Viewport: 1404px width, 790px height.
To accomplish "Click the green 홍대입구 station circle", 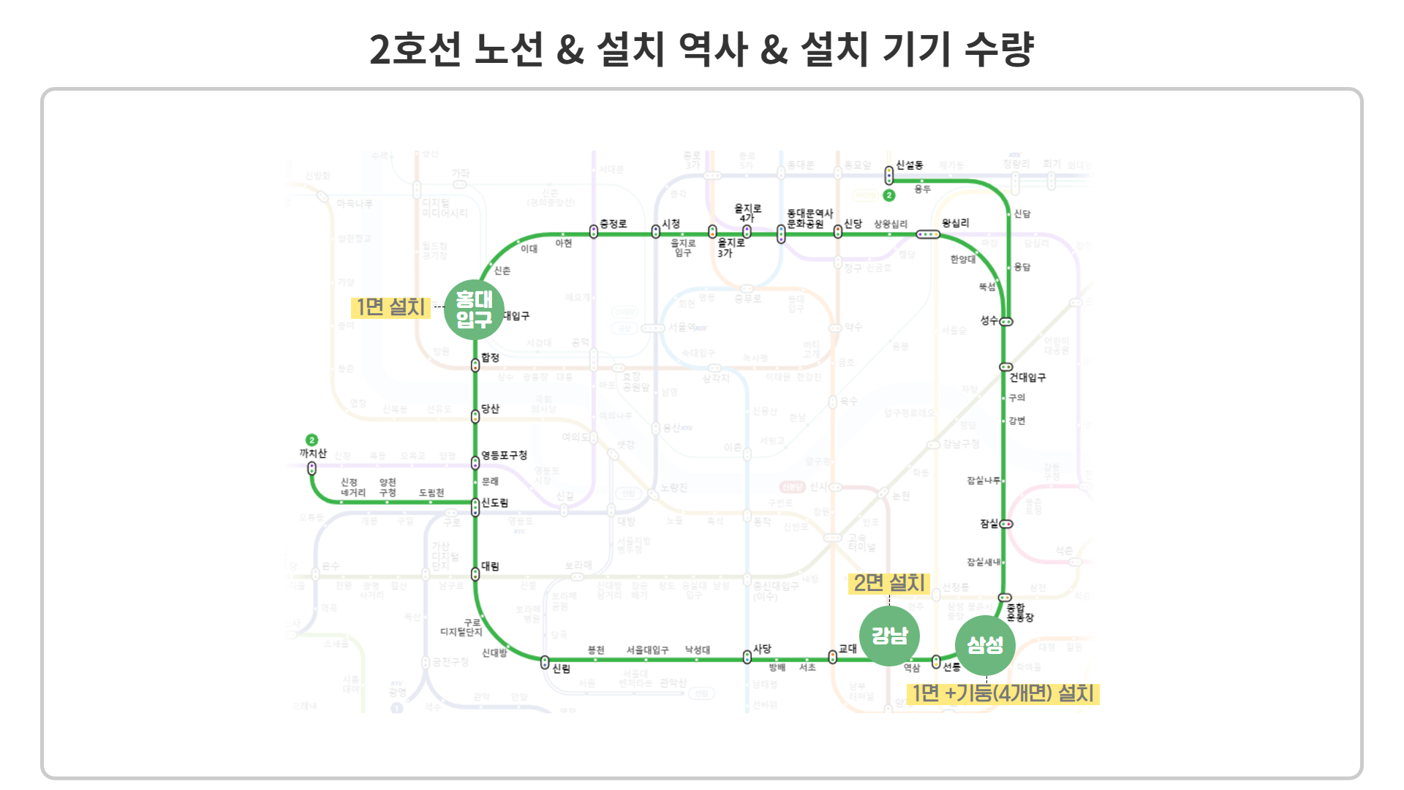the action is point(474,310).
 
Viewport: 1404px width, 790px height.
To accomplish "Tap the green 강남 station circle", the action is point(889,636).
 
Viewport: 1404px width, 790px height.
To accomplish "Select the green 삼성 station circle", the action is point(985,645).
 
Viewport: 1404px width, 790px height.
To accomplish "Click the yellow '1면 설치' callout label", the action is point(390,307).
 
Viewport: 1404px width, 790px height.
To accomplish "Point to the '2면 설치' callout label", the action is point(889,583).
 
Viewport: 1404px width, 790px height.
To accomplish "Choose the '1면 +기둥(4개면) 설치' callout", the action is point(1003,693).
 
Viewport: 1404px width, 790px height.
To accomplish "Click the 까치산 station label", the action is point(313,454).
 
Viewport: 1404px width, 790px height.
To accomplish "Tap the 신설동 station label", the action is point(910,165).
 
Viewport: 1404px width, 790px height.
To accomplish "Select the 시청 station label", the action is point(671,224).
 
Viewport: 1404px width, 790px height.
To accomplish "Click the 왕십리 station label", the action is point(955,223).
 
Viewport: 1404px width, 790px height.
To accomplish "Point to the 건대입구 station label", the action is point(1027,377).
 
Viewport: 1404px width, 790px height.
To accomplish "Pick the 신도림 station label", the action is point(495,503).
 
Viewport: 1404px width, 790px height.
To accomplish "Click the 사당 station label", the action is point(762,649).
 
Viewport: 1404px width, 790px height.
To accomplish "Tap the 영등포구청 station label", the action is point(504,455).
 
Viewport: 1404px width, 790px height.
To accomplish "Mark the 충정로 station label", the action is point(613,224).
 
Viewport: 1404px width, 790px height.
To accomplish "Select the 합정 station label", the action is point(490,358).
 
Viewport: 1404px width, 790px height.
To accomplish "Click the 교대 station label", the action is point(848,649).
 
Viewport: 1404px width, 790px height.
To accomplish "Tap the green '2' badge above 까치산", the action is point(312,440).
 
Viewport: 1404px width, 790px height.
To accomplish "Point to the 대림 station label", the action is point(490,566).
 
